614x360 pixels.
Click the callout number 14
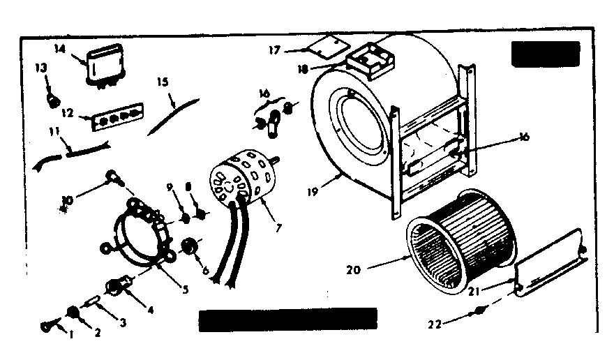pos(59,50)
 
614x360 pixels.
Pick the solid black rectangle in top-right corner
pos(545,54)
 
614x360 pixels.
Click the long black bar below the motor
pos(287,320)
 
